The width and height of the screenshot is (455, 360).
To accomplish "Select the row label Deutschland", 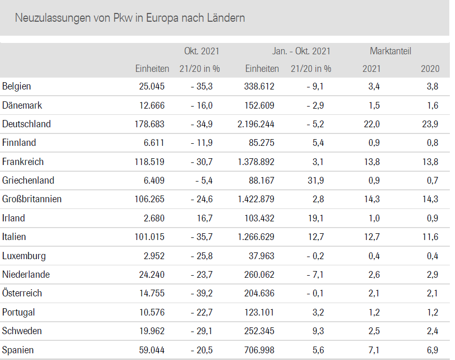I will pos(26,124).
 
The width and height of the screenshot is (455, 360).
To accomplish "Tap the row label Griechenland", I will pos(28,181).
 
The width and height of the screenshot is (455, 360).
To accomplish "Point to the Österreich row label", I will pos(22,293).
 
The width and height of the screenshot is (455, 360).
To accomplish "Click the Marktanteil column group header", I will pos(390,51).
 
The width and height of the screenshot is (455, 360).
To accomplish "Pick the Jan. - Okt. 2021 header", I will pos(301,51).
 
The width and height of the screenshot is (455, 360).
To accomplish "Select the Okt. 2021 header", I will pos(202,51).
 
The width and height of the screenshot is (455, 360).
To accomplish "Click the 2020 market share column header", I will pos(430,69).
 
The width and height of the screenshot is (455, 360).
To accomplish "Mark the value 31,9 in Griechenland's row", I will pos(315,181).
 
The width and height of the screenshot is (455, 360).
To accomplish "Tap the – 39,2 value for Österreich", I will pos(202,293).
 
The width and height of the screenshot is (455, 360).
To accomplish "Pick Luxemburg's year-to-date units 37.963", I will pos(261,256).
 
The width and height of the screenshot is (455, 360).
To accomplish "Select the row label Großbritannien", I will pos(32,199).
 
